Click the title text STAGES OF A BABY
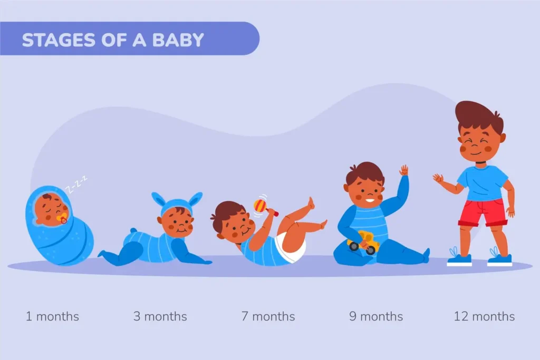coord(112,40)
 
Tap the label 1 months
coord(52,317)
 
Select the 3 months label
coord(160,317)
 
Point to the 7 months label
coord(268,317)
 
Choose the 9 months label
coord(375,317)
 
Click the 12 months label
coord(484,317)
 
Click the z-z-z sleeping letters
coord(75,184)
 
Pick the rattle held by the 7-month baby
coord(260,205)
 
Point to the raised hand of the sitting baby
coord(404,170)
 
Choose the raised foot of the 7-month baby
coord(311,203)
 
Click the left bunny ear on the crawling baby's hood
coord(158,199)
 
